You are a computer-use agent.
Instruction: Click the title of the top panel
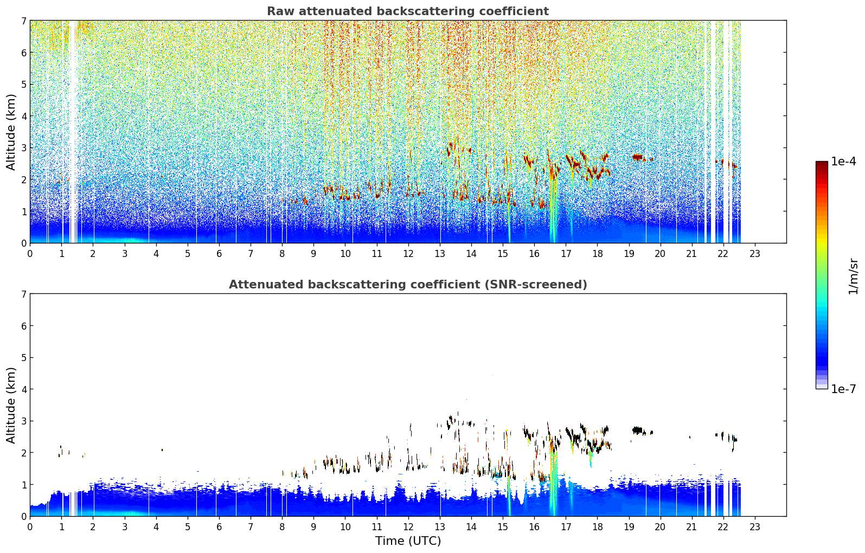click(x=408, y=11)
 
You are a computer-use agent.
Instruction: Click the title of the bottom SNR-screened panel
click(x=408, y=284)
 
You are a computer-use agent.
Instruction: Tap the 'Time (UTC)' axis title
click(x=408, y=541)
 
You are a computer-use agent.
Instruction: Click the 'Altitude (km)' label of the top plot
click(x=11, y=132)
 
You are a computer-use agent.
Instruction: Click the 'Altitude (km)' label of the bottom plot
click(x=11, y=405)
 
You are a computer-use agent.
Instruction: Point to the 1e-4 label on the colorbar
click(x=843, y=162)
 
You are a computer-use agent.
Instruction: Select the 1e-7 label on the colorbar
click(x=843, y=389)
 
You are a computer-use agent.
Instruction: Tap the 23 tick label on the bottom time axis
click(x=755, y=527)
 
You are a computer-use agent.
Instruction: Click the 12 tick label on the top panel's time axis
click(x=408, y=254)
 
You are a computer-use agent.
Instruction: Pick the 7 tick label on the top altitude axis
click(x=23, y=21)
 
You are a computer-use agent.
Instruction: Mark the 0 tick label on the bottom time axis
click(x=30, y=527)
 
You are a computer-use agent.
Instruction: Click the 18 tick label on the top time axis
click(x=598, y=254)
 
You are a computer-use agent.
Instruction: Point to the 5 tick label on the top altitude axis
click(x=23, y=84)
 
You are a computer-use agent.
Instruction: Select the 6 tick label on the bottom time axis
click(x=219, y=527)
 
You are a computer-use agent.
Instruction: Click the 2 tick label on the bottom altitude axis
click(x=23, y=453)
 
